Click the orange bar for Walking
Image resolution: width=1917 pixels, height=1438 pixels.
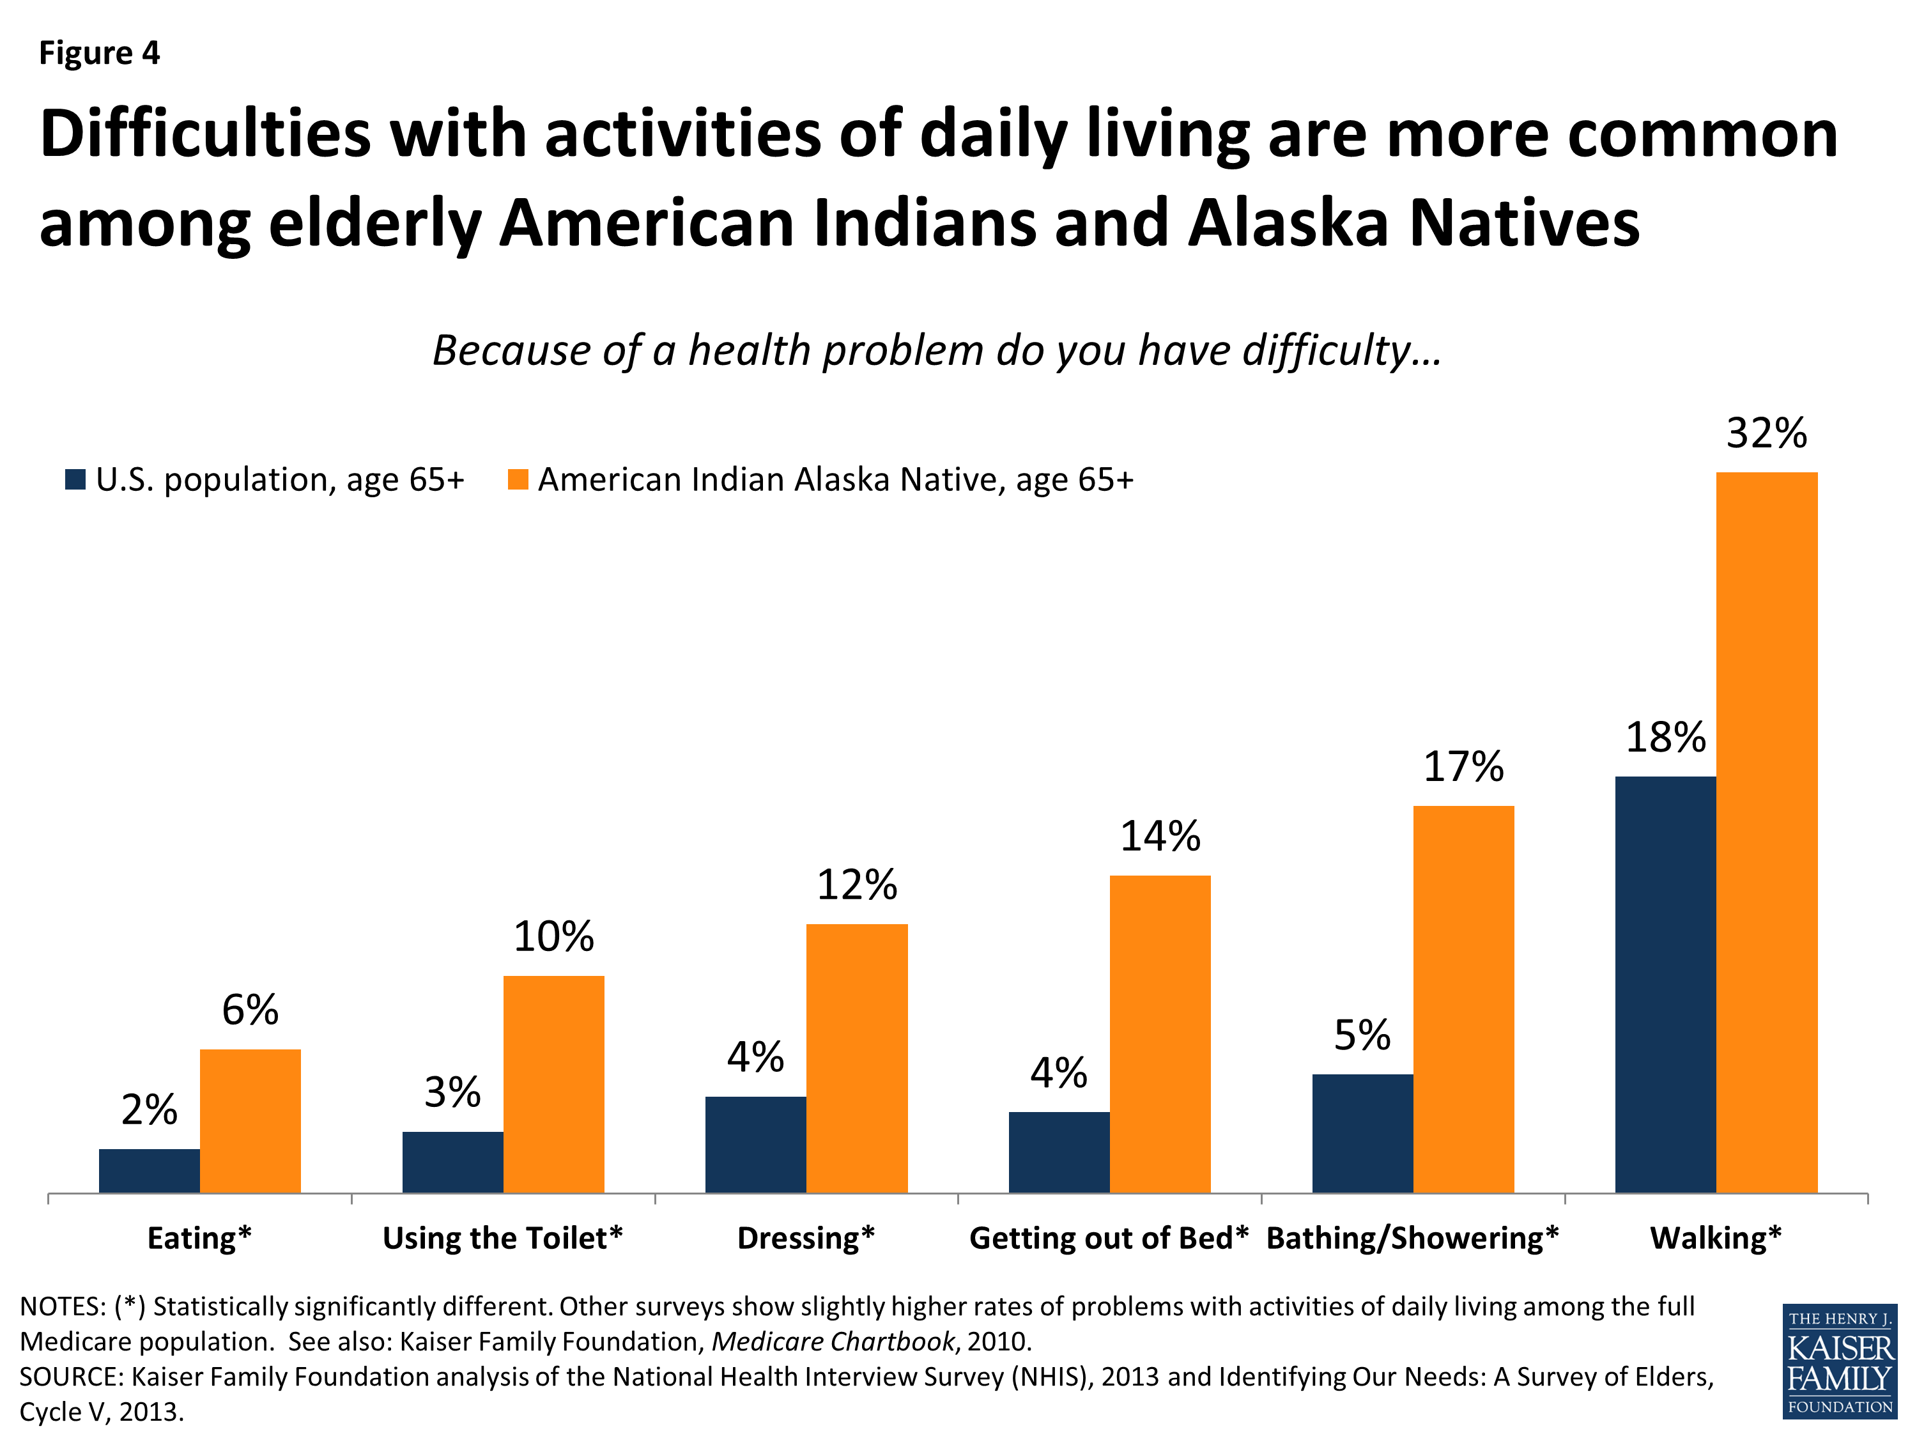point(1766,832)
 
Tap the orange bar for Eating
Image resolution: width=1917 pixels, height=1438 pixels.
point(250,1121)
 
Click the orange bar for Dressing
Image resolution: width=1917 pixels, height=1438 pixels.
point(856,1058)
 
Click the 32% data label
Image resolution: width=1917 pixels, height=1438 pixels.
point(1766,433)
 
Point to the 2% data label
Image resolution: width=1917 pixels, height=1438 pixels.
point(149,1109)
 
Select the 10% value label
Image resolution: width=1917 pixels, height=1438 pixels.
point(554,936)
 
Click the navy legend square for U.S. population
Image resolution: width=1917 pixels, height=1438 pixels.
point(75,479)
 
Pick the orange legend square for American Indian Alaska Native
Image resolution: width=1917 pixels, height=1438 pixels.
point(518,479)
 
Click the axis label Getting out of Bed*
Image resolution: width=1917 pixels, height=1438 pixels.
point(1109,1238)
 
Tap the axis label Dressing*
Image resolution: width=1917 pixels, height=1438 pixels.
point(806,1238)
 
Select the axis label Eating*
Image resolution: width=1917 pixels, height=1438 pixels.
point(199,1238)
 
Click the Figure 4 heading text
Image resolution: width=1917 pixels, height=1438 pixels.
point(100,53)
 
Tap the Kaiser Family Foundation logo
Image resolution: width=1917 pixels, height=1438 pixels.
point(1839,1361)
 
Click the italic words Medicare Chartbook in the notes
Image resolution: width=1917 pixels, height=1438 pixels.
point(833,1341)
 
